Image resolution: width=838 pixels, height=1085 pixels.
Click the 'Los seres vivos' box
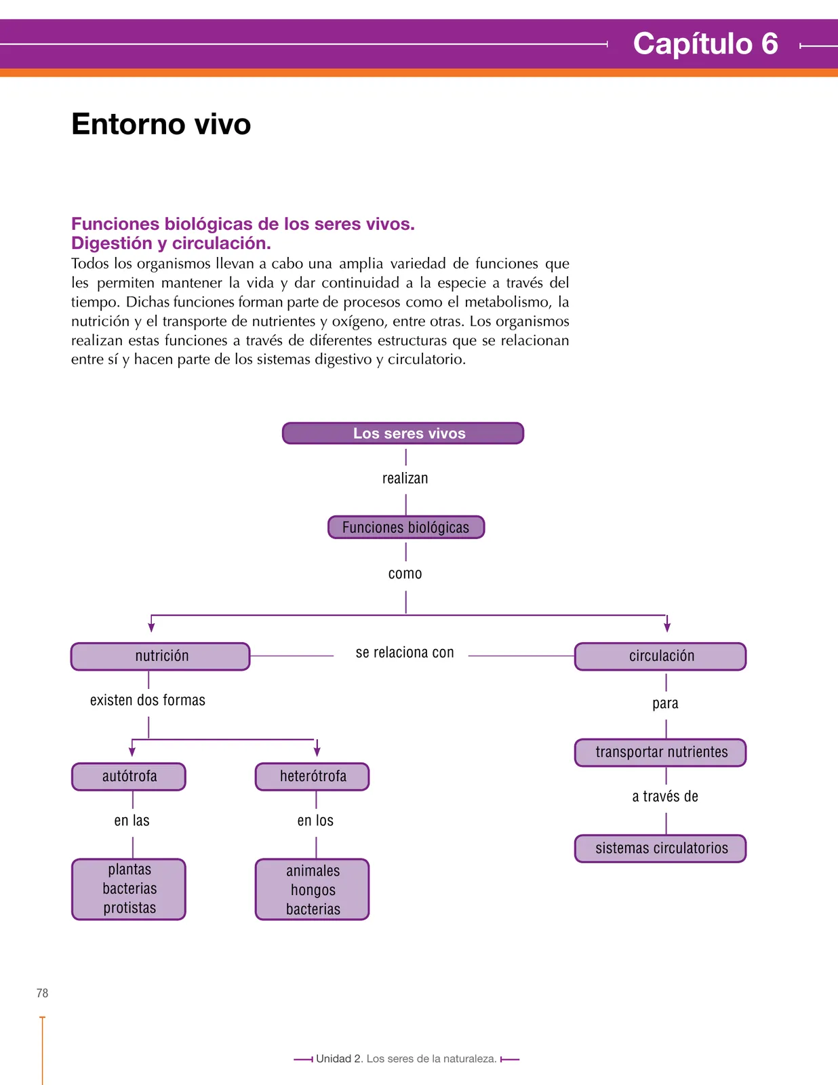[x=403, y=433]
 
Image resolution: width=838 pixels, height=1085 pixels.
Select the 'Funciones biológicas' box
[x=405, y=527]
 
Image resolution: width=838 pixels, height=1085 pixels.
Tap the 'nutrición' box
[x=160, y=656]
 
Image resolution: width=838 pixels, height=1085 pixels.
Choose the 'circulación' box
[x=660, y=656]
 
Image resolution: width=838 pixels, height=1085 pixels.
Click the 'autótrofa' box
[x=129, y=776]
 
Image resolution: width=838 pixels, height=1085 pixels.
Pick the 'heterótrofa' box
[x=313, y=776]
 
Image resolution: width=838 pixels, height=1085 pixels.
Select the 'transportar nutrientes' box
[x=660, y=753]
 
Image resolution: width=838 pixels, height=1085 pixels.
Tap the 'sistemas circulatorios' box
[x=660, y=848]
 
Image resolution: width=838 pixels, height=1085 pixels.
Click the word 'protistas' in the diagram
[x=129, y=908]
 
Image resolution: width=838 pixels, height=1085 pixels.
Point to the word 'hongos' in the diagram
[x=313, y=890]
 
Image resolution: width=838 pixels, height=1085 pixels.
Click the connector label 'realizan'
[x=405, y=478]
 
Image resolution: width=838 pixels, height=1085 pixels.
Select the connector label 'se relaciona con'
[x=405, y=652]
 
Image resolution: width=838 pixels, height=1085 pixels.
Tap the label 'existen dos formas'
[x=148, y=700]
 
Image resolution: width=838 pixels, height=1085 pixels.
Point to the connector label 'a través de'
[x=665, y=796]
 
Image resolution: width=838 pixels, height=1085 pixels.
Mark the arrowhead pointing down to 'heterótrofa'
[x=317, y=751]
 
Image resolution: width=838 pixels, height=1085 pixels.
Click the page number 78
[x=43, y=993]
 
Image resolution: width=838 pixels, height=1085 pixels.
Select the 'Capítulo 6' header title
[x=705, y=43]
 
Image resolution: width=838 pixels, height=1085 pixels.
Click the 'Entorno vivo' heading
[x=161, y=124]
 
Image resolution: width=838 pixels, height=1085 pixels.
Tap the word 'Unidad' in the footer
[x=334, y=1059]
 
